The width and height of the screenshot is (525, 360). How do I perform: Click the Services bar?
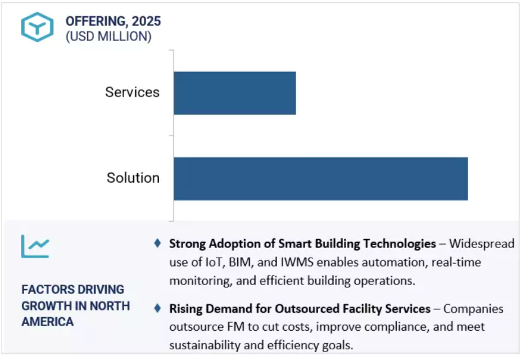(x=234, y=93)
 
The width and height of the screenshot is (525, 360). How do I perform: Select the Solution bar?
(x=320, y=178)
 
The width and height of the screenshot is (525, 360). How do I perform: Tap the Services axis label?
(x=132, y=92)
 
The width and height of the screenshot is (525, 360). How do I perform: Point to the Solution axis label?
(x=133, y=178)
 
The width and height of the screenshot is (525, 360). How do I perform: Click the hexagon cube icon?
(x=38, y=27)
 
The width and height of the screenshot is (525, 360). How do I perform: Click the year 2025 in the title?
(x=146, y=21)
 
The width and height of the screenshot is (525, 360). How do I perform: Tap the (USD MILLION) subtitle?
(x=108, y=37)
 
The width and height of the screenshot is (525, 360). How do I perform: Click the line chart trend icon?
(x=35, y=245)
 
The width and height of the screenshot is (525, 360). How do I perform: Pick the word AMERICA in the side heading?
(x=48, y=322)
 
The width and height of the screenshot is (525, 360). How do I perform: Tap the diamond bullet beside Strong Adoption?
(x=158, y=243)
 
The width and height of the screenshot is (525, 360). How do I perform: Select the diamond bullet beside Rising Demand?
(x=158, y=308)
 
